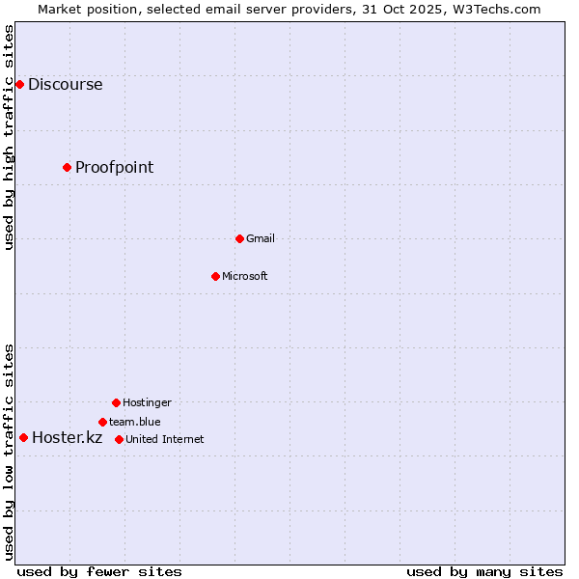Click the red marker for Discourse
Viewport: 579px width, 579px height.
click(x=19, y=84)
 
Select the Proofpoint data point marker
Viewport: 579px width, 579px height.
click(x=67, y=167)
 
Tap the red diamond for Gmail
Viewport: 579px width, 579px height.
click(x=239, y=238)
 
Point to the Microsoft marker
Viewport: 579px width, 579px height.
click(x=215, y=276)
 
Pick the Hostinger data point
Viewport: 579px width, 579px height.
click(x=116, y=402)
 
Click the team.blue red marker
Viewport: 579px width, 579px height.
click(x=102, y=422)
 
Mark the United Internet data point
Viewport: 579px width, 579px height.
click(x=119, y=439)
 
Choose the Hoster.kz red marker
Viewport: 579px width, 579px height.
click(x=23, y=437)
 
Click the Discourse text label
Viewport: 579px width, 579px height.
click(x=65, y=84)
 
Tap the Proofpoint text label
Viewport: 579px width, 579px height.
click(x=114, y=167)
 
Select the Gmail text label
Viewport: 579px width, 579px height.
click(x=260, y=238)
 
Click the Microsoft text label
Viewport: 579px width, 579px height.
click(x=244, y=276)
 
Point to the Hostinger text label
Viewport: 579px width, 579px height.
click(x=147, y=402)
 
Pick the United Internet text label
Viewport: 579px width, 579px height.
click(x=164, y=439)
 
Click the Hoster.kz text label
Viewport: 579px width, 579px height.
click(x=67, y=437)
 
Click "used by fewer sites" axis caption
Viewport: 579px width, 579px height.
click(x=99, y=571)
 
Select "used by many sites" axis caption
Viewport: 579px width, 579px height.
click(x=484, y=571)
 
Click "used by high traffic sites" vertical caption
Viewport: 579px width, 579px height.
click(x=9, y=137)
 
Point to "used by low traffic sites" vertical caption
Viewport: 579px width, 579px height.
click(x=9, y=452)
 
